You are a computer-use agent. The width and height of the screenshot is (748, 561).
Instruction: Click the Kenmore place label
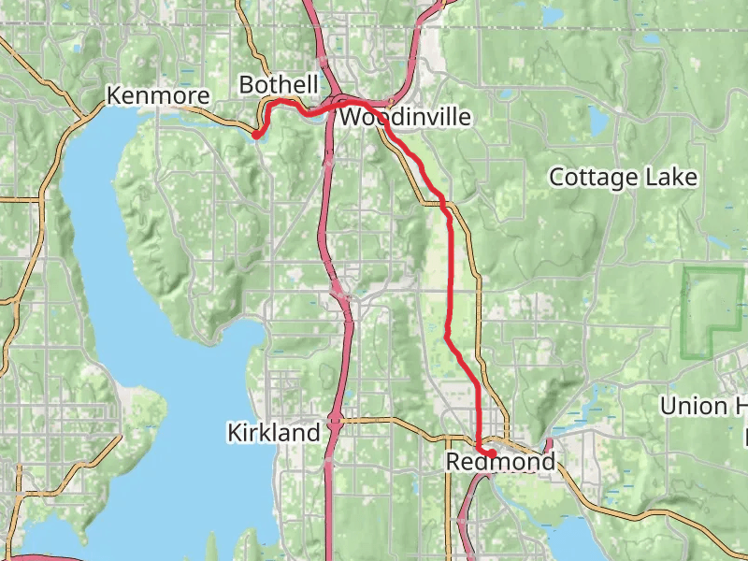(156, 95)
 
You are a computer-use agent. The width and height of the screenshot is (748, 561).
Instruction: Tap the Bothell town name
(279, 85)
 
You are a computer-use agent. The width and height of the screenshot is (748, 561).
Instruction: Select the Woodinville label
(405, 117)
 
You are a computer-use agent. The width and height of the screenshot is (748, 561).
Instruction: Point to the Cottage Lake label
(623, 177)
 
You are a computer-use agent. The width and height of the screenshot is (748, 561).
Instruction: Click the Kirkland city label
(273, 433)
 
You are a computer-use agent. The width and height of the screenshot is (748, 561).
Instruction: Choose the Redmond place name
(500, 462)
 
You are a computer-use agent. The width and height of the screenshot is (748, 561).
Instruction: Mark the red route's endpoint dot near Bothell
(256, 135)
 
